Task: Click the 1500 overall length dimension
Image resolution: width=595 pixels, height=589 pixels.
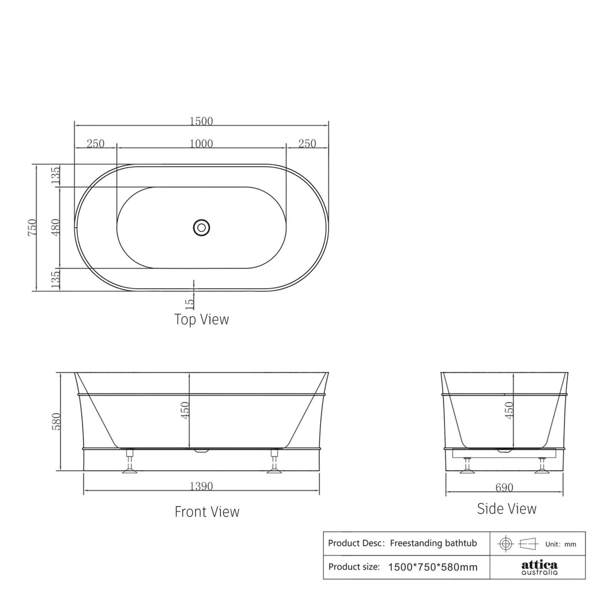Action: pyautogui.click(x=201, y=121)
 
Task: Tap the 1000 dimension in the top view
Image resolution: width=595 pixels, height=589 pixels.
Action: pyautogui.click(x=201, y=144)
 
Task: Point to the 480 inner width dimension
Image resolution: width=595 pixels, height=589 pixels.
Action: pyautogui.click(x=55, y=227)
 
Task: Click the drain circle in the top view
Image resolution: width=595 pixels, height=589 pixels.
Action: pyautogui.click(x=201, y=227)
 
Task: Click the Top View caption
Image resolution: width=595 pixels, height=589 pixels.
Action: pyautogui.click(x=201, y=319)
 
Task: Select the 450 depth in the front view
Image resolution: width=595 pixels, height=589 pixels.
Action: pyautogui.click(x=184, y=411)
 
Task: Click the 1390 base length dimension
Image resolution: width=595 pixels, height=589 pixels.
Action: pyautogui.click(x=201, y=486)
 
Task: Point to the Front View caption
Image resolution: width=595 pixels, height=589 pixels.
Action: pyautogui.click(x=207, y=512)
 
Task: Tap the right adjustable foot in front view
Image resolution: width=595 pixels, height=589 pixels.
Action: pyautogui.click(x=274, y=463)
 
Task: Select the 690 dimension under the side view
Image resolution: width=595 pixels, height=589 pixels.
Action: pyautogui.click(x=504, y=488)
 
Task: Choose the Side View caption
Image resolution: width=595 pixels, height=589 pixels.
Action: pyautogui.click(x=507, y=509)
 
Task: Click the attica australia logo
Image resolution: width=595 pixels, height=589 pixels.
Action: pyautogui.click(x=539, y=567)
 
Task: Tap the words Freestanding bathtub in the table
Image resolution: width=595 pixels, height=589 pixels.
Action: pyautogui.click(x=433, y=543)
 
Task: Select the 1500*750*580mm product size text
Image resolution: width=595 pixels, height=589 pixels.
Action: pyautogui.click(x=432, y=567)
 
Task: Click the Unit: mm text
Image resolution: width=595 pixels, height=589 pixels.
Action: pyautogui.click(x=561, y=544)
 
